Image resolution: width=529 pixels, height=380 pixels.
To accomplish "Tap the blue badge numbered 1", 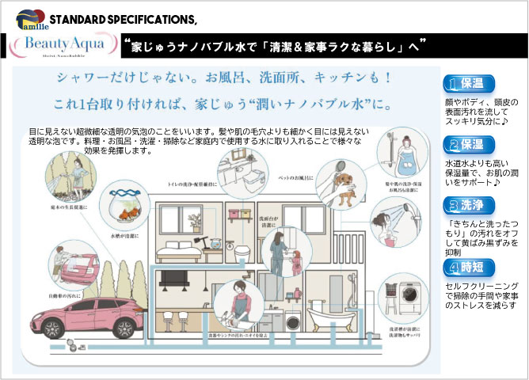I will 469,84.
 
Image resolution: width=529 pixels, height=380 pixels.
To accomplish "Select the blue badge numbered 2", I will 469,144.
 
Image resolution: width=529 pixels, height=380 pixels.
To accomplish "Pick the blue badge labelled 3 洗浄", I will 469,206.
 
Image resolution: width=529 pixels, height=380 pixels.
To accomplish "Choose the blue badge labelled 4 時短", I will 469,267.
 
